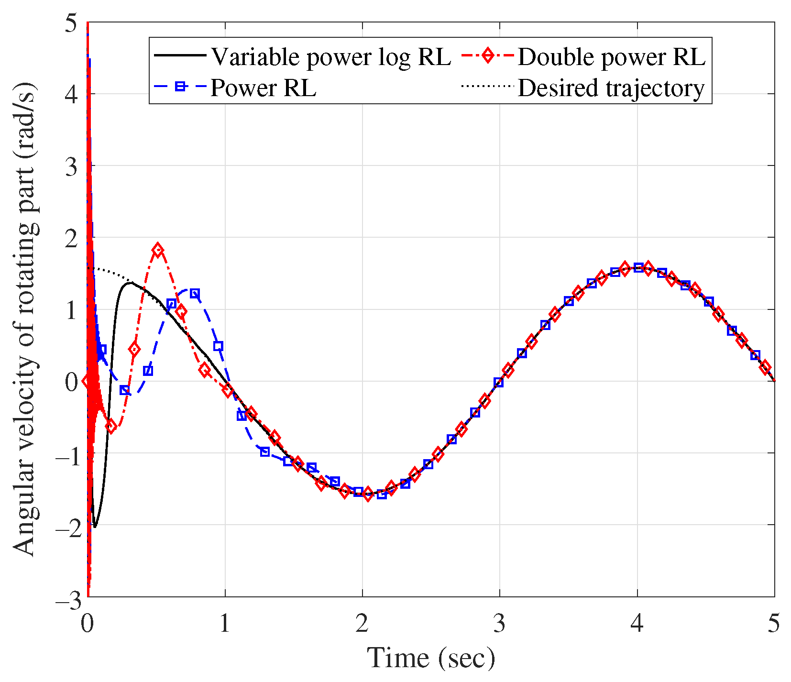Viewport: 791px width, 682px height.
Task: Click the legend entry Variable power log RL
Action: (331, 57)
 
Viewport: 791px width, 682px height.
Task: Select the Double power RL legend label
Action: (611, 57)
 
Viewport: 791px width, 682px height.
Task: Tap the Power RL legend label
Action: (263, 88)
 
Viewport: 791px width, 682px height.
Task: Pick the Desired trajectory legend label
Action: (611, 88)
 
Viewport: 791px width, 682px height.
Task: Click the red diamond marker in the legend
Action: (487, 55)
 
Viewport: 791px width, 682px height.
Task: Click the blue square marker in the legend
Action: (180, 87)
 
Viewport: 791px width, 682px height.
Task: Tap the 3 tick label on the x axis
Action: (499, 624)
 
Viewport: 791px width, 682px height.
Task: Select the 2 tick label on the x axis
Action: (362, 624)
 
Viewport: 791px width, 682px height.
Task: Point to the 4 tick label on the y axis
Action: (71, 94)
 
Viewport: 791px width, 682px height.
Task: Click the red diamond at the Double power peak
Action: (158, 250)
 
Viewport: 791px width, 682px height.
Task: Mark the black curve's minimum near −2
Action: (95, 527)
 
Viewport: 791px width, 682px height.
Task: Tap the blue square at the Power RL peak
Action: (194, 293)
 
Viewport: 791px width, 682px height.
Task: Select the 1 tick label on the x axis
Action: (225, 624)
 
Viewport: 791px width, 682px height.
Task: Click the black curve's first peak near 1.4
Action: (130, 283)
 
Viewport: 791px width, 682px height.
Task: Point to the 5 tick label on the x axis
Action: (774, 624)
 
